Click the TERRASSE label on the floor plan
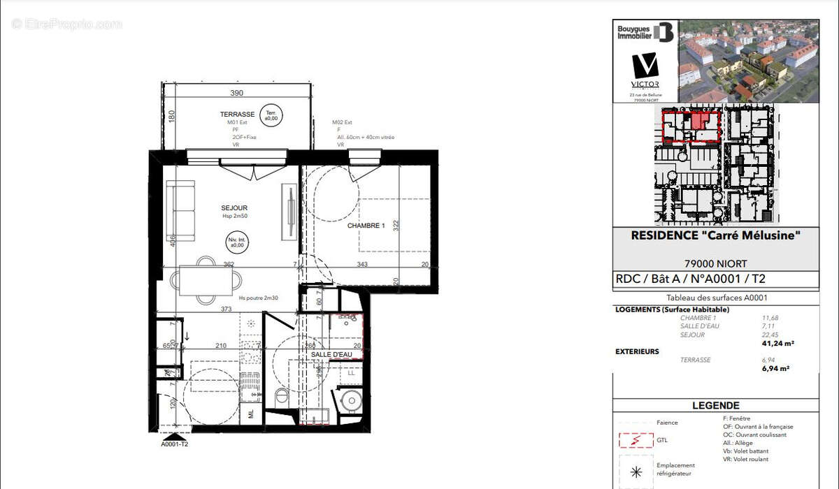point(237,114)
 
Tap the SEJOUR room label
point(234,207)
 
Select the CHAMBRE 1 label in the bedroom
point(366,226)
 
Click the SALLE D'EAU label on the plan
point(331,354)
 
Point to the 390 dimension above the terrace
point(237,93)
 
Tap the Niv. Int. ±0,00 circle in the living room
point(236,242)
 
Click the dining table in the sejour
point(206,281)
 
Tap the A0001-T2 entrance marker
point(175,444)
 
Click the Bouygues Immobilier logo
point(645,32)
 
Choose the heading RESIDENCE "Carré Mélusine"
point(715,236)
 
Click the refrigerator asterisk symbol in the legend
point(635,472)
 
